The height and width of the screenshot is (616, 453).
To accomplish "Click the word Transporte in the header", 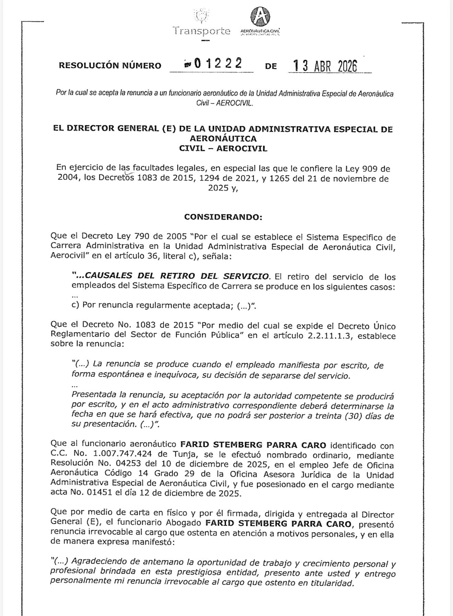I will click(202, 31).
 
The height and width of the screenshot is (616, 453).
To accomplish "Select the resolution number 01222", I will click(218, 64).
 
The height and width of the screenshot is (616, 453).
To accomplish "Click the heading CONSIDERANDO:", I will click(223, 217).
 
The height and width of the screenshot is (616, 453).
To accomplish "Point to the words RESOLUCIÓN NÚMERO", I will click(110, 66).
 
